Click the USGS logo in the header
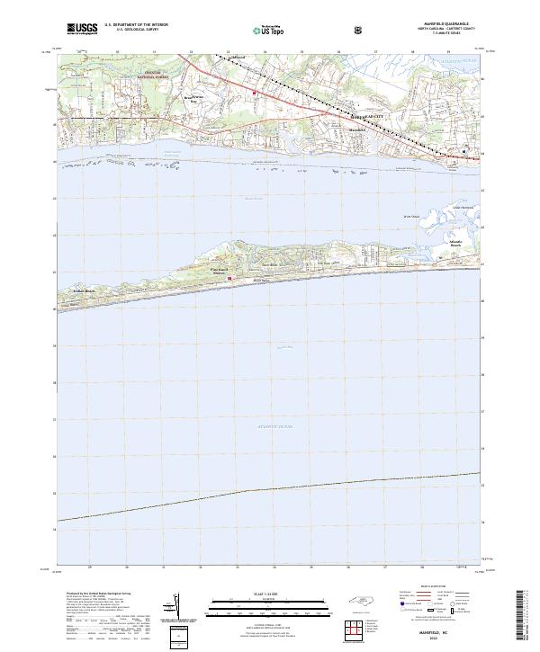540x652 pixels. click(82, 30)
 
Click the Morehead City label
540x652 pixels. click(365, 117)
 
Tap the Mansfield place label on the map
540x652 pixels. click(358, 130)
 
